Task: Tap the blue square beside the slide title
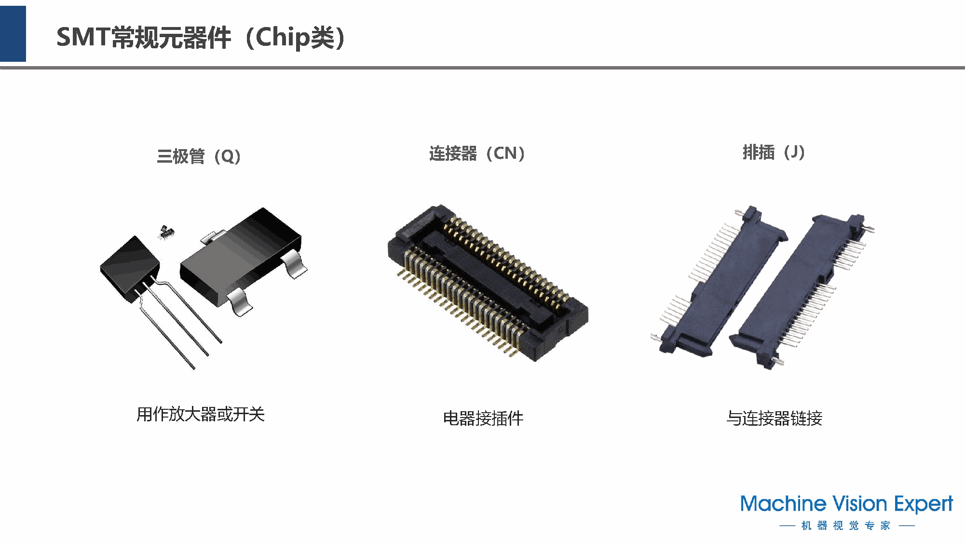click(13, 34)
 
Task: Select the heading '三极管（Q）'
click(199, 156)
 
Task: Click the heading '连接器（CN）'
click(477, 153)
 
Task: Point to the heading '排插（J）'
click(774, 153)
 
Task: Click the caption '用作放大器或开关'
click(201, 414)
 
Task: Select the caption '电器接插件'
click(483, 418)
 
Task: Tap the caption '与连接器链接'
click(774, 418)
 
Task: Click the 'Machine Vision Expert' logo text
click(846, 504)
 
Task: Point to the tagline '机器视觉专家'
click(846, 525)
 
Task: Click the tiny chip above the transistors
click(166, 232)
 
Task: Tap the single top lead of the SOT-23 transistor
click(211, 237)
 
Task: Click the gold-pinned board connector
click(487, 282)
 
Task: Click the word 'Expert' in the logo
click(924, 504)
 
